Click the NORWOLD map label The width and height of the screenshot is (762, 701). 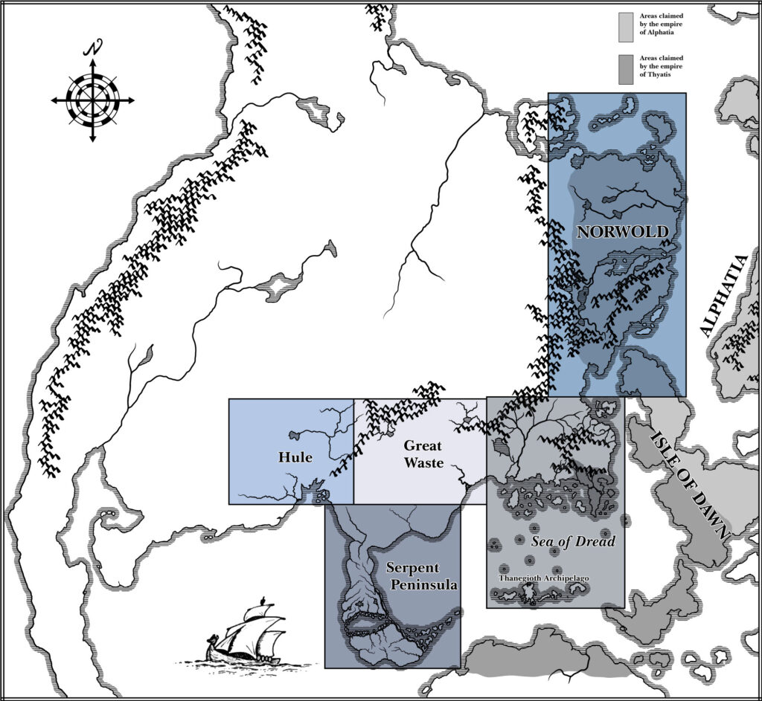tap(622, 232)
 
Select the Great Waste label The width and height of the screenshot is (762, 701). tap(423, 454)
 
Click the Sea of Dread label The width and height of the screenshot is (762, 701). tap(573, 541)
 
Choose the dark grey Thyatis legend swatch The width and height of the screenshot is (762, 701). tap(626, 68)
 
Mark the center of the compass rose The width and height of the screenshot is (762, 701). tap(93, 100)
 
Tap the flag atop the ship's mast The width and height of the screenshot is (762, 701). tap(262, 600)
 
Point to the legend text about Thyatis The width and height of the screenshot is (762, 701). tap(659, 68)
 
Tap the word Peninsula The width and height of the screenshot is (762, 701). tap(423, 585)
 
